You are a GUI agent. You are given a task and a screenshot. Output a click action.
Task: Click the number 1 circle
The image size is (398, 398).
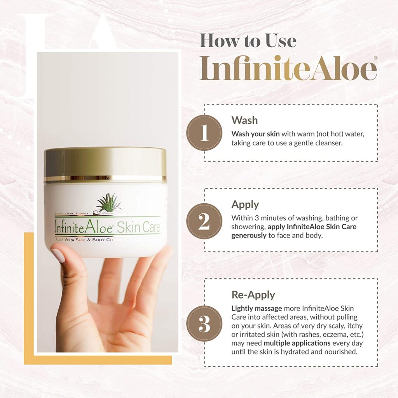(x=204, y=133)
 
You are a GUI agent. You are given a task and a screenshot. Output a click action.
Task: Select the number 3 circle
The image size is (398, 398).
(x=204, y=324)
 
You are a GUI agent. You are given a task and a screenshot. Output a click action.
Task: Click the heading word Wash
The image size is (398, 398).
(x=244, y=120)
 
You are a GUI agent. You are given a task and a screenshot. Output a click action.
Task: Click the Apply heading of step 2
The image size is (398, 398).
(x=245, y=204)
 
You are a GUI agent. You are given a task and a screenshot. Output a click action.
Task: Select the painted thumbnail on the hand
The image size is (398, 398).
(x=58, y=255)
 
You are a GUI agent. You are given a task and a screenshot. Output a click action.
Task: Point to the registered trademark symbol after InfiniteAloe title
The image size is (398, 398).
(x=375, y=58)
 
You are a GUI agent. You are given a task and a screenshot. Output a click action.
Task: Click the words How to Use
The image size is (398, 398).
(x=248, y=40)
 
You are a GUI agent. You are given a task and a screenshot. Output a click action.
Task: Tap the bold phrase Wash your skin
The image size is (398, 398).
(x=255, y=134)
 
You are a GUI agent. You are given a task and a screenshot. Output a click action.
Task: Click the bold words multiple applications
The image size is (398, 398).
(x=297, y=344)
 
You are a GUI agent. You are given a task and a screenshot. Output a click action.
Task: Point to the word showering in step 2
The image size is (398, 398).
(x=246, y=227)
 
